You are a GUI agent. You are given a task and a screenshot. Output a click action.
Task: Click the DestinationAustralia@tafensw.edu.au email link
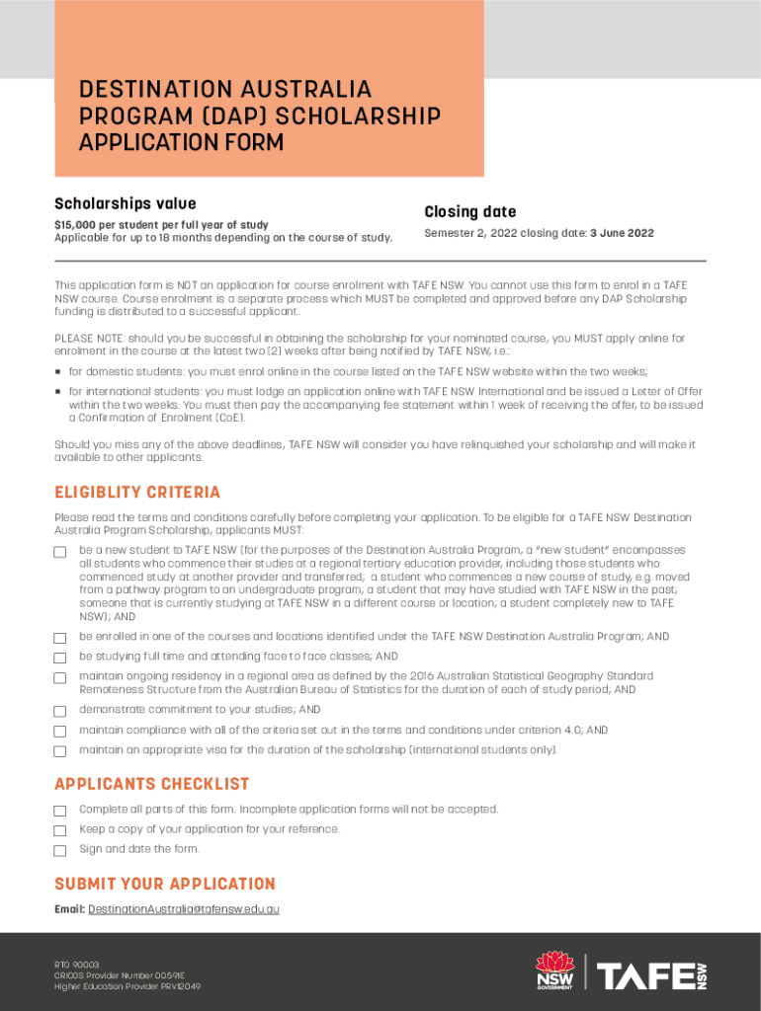click(183, 908)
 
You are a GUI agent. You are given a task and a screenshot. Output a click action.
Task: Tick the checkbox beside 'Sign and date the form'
click(60, 850)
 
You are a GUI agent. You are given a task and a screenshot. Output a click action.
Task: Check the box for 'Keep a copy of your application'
click(60, 830)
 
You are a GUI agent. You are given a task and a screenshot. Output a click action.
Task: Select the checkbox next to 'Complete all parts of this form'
click(60, 811)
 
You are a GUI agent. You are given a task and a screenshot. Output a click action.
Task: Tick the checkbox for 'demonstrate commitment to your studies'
click(60, 711)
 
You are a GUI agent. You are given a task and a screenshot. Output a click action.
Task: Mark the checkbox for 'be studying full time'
click(60, 658)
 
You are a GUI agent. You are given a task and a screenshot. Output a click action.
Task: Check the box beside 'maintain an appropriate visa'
click(60, 751)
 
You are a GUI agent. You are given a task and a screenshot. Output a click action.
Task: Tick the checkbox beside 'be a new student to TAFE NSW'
click(60, 552)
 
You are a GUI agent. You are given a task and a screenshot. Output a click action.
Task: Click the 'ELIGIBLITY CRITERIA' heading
click(137, 493)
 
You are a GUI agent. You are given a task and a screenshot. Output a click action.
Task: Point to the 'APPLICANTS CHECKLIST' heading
click(151, 784)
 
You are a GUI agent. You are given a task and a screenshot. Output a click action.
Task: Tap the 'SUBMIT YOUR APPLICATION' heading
click(164, 884)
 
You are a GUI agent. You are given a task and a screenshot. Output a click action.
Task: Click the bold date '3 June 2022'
click(622, 234)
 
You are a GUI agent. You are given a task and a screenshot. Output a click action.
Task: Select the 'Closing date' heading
click(469, 212)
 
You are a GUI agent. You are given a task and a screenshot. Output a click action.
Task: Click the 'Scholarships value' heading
click(125, 203)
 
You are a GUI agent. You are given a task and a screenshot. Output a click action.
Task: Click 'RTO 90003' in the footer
click(77, 965)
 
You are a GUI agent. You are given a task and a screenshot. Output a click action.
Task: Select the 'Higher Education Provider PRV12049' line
click(127, 986)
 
